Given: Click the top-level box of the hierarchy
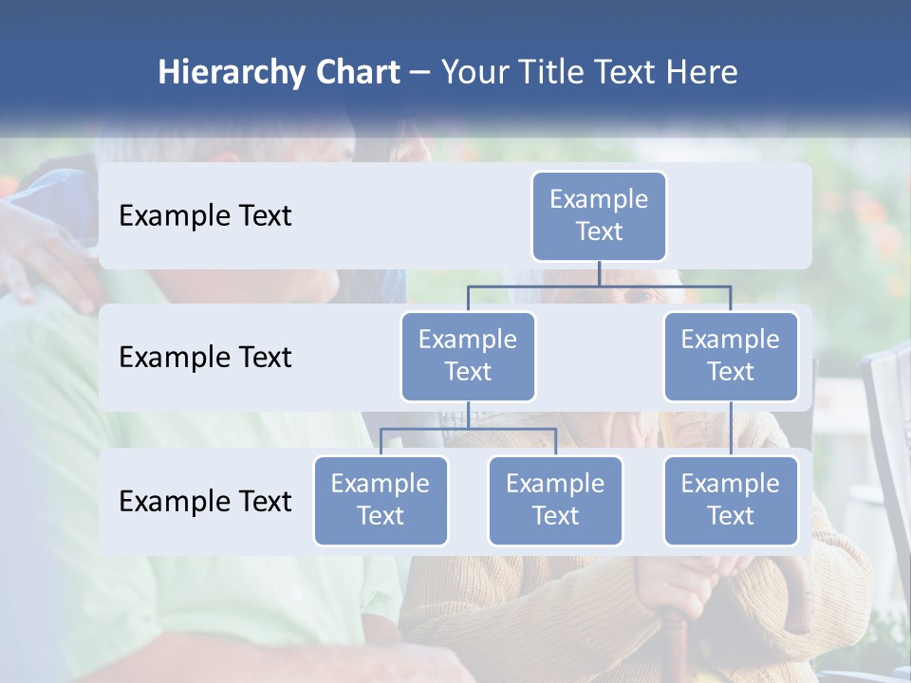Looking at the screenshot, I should [x=599, y=216].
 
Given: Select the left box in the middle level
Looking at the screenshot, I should [x=468, y=357].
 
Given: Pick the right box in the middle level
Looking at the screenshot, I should [x=731, y=357].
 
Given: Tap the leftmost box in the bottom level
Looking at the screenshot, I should [x=381, y=501].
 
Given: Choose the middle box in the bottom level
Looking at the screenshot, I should [x=555, y=501].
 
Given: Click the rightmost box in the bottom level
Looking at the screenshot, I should [x=731, y=501].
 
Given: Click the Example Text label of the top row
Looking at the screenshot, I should [x=205, y=216].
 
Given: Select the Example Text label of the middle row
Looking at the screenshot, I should [x=205, y=358].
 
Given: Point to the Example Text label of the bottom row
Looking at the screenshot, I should [x=205, y=501].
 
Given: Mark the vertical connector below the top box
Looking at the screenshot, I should [x=599, y=273].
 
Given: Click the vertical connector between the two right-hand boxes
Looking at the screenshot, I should [x=731, y=429].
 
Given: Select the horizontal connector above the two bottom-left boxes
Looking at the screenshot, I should [x=468, y=429].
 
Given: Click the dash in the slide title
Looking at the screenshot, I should [x=420, y=74].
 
